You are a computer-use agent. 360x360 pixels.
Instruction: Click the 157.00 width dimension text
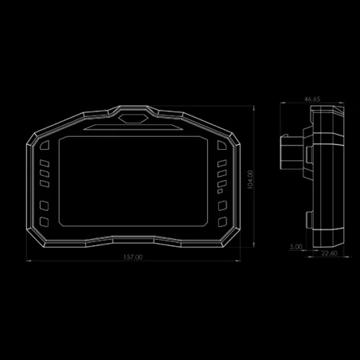click(x=133, y=257)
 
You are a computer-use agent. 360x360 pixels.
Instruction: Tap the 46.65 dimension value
click(x=312, y=100)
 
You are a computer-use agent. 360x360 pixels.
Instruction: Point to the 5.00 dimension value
click(x=296, y=247)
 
